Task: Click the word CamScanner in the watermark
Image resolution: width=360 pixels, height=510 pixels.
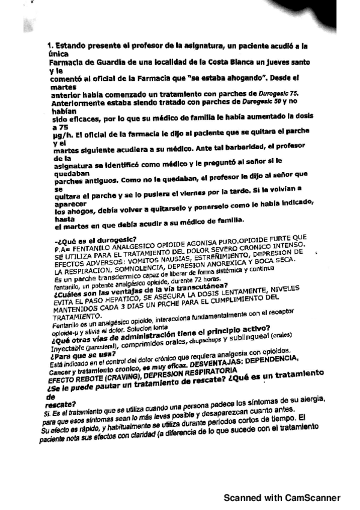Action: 310,498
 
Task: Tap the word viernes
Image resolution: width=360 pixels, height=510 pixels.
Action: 191,197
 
